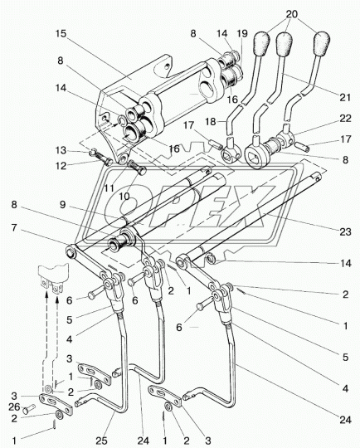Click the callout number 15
(x=61, y=33)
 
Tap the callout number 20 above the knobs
(x=292, y=14)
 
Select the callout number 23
(x=345, y=231)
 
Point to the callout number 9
(x=62, y=205)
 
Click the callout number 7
(x=14, y=228)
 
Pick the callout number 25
(x=101, y=441)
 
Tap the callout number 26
(x=14, y=407)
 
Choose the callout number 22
(x=345, y=119)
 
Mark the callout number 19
(x=242, y=33)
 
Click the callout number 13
(x=61, y=150)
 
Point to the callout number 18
(x=211, y=121)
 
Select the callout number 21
(x=345, y=97)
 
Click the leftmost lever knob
(x=260, y=43)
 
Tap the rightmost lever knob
(x=322, y=44)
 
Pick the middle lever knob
(x=284, y=44)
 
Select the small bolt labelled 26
(x=28, y=410)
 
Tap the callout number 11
(x=109, y=188)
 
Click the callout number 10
(x=124, y=197)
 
